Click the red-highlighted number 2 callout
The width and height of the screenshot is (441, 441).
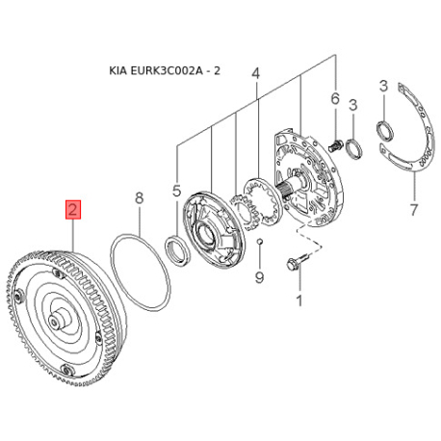[x=73, y=210]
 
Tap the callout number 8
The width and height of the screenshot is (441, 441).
[x=139, y=198]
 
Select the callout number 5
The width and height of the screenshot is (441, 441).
[x=176, y=191]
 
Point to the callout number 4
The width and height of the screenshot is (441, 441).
[x=255, y=74]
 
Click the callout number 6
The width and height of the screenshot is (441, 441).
[x=335, y=98]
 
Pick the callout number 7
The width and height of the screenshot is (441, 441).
[x=413, y=210]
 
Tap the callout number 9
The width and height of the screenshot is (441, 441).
[x=259, y=276]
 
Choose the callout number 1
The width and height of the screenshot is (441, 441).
[x=299, y=300]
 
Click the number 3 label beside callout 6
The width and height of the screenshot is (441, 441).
[x=352, y=105]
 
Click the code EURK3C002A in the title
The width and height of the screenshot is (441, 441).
[x=167, y=70]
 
